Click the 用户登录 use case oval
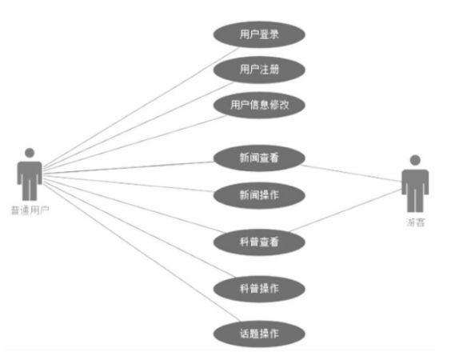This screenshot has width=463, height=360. coord(259,34)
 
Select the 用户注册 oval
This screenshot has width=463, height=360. coord(259,70)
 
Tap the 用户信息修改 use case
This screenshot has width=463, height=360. coord(259,105)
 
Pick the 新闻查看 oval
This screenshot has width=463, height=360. coord(259,158)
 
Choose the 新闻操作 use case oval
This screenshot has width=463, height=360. coord(259,195)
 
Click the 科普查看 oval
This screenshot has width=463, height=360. coord(259,242)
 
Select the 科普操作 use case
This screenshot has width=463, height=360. coord(259,289)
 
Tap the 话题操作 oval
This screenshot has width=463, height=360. coord(259,334)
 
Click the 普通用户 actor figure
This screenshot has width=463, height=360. coord(30,174)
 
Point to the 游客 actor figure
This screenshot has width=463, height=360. coord(415,183)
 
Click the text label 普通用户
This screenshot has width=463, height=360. coord(30,210)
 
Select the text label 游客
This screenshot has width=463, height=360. coord(415,222)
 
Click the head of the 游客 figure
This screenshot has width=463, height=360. coord(415,160)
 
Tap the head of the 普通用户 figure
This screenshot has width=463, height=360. coord(30,153)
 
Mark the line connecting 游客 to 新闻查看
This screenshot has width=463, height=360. coord(351,173)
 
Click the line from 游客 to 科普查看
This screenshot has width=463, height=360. coord(345,210)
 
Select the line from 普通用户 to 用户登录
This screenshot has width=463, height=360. coord(140,109)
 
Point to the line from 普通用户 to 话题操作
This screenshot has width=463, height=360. coord(142,252)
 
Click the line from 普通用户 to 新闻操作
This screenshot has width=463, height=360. coord(128,184)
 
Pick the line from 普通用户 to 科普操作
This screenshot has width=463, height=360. coord(139,229)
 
